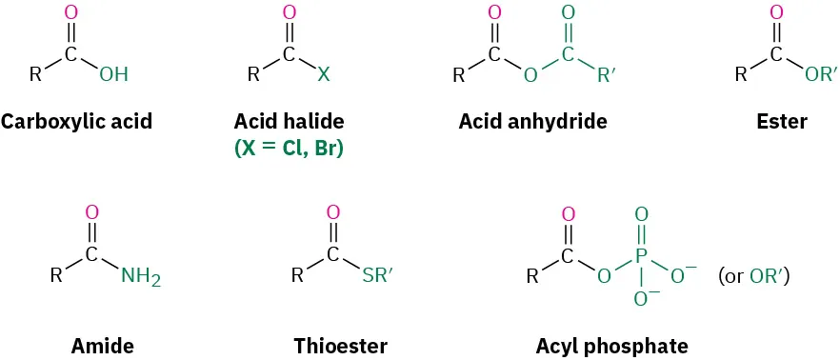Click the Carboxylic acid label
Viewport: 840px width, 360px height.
point(76,122)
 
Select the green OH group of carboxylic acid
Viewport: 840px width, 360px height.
point(113,74)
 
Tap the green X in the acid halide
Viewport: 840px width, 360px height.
point(323,74)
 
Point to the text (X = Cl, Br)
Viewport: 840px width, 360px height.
point(289,149)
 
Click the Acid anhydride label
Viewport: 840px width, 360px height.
point(532,122)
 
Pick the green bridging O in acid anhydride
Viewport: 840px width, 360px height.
point(530,74)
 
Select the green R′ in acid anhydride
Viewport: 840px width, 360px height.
point(607,74)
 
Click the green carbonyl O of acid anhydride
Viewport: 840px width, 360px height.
point(568,13)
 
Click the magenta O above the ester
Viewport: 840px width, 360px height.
point(776,13)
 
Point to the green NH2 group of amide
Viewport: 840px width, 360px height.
point(141,278)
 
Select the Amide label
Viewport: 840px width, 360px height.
point(102,345)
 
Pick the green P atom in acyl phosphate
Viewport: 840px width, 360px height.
point(641,256)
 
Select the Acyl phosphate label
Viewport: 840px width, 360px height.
point(612,345)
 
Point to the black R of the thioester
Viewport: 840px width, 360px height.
point(297,277)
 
